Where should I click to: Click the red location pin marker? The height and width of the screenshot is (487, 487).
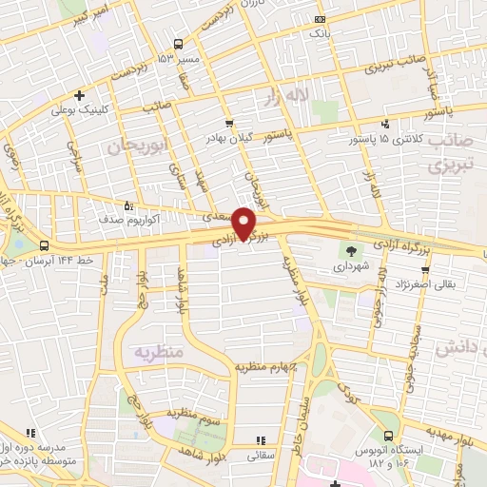244,223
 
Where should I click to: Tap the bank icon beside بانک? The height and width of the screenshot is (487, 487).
320,20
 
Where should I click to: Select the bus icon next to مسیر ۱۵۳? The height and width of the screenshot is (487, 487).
178,44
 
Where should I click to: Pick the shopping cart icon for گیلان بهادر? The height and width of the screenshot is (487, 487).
228,124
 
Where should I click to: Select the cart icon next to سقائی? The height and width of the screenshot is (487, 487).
259,441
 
